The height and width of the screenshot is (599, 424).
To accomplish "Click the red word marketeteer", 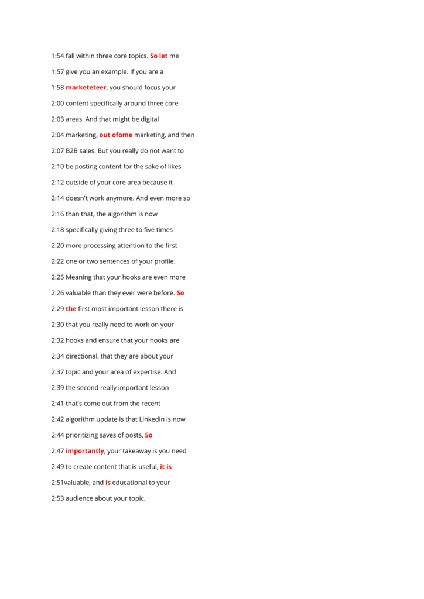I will coord(86,88).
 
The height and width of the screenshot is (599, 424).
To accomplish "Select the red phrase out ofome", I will coord(116,135).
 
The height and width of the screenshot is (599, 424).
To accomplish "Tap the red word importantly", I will coord(85,451).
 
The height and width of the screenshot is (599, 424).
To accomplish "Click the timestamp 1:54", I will coord(57,56).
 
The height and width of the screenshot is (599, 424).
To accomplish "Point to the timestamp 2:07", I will coord(57,151).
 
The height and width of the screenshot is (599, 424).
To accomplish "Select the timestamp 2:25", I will coord(57,277).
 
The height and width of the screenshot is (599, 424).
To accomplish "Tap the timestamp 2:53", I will coord(57,498).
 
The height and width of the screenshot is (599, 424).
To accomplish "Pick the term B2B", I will coord(71,151).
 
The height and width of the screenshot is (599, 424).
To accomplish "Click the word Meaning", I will coord(78,277).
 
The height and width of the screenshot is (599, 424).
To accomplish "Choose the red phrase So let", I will coord(159,56).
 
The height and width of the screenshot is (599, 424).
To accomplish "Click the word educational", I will coord(133,483).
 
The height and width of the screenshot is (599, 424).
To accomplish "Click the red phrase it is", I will coord(166,467).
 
